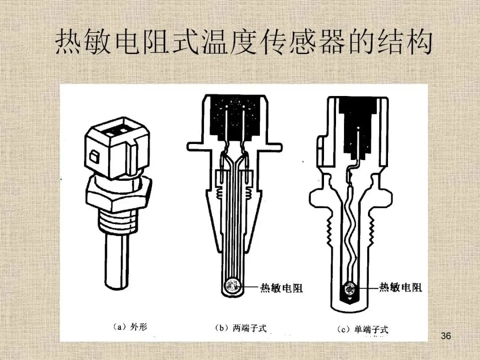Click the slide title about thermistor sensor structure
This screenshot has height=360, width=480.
click(x=244, y=43)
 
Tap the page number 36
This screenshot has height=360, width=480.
click(x=446, y=336)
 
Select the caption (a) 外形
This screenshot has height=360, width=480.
click(x=129, y=328)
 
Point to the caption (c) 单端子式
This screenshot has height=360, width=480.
click(x=363, y=329)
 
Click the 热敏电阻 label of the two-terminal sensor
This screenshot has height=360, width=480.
click(x=281, y=288)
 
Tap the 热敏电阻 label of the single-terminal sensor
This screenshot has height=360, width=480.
click(x=400, y=287)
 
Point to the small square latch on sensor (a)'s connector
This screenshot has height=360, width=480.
click(x=94, y=156)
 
